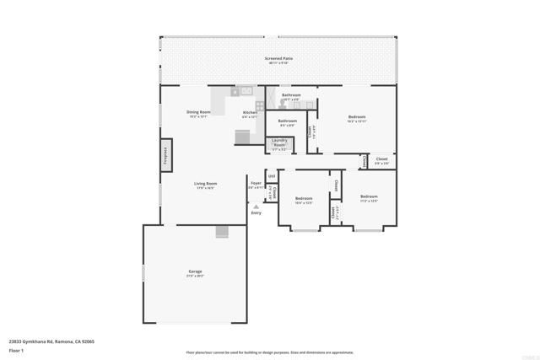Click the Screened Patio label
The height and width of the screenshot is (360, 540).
278,60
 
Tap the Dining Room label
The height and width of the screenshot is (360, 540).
198,112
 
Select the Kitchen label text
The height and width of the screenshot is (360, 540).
250,113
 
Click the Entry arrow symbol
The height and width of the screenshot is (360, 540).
256,206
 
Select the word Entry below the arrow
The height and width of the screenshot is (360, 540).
256,212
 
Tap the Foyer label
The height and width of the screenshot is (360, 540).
256,182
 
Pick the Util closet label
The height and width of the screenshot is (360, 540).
272,175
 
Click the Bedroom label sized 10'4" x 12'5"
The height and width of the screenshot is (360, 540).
304,199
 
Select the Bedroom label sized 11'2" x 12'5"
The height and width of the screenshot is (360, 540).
369,197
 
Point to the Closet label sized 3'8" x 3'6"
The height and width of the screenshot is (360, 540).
381,159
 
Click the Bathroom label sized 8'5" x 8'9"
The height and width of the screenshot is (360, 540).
287,121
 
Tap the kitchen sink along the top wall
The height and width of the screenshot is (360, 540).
245,90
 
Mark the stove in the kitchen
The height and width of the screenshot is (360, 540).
260,106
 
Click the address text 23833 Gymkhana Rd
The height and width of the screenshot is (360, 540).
51,341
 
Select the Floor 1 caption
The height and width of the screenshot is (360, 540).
16,349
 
